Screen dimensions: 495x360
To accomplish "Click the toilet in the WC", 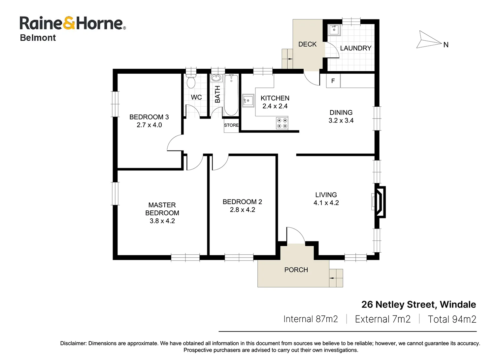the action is pos(191,81).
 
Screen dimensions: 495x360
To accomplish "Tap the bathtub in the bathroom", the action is pos(231,95).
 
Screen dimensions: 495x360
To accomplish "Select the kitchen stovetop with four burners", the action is pos(282,123).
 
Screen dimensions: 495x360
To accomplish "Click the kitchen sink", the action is pos(248,101).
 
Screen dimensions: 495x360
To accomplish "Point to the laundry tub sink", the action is pos(334,30).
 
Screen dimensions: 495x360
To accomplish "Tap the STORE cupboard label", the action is pos(231,125).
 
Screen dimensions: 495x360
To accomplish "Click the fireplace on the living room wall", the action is pos(380,202).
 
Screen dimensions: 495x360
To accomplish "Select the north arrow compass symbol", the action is pos(429,40).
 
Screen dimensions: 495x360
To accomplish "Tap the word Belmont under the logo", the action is pos(38,38).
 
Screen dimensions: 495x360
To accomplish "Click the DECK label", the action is pos(307,44).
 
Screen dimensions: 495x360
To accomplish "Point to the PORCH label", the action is pos(296,270).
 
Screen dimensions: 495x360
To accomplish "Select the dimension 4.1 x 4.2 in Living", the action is pos(326,203).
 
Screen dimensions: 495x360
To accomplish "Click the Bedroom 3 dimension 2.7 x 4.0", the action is pos(149,125).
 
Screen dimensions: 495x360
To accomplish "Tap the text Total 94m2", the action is pos(452,319).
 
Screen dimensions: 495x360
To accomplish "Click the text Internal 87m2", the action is pos(311,319).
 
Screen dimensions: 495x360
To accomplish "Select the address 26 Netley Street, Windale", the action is pos(419,305).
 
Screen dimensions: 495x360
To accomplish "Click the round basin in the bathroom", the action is pos(216,78).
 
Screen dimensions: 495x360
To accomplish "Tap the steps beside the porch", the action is pos(336,278).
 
